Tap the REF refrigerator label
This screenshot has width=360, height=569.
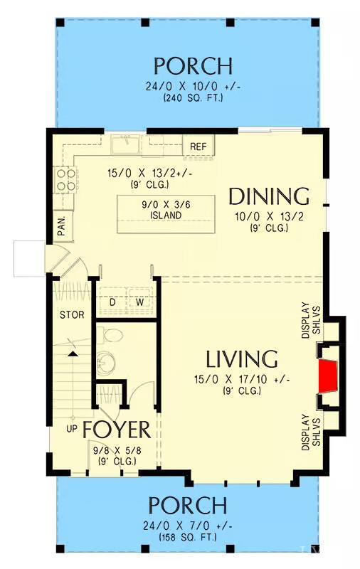[198, 147]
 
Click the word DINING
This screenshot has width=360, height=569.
[268, 196]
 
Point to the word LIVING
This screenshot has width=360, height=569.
[242, 358]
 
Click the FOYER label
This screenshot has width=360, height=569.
[116, 430]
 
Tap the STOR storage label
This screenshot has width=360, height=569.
[71, 314]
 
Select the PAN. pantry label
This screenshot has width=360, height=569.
[61, 225]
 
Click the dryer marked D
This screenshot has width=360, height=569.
[112, 302]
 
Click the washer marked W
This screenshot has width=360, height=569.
[140, 302]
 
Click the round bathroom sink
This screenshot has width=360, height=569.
[105, 363]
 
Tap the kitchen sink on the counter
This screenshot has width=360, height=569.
[127, 145]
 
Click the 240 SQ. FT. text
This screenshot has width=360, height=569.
[193, 97]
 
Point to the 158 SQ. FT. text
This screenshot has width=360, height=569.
[188, 537]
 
